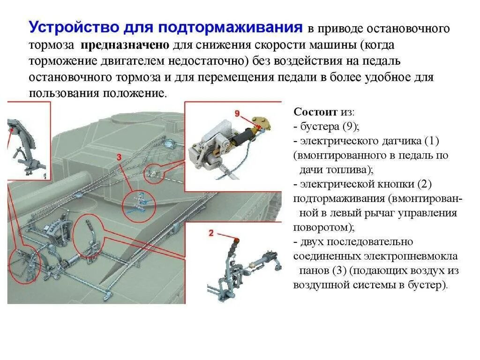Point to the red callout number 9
[237, 113]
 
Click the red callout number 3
[119, 157]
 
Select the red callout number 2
[211, 233]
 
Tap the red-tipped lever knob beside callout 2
[236, 242]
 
